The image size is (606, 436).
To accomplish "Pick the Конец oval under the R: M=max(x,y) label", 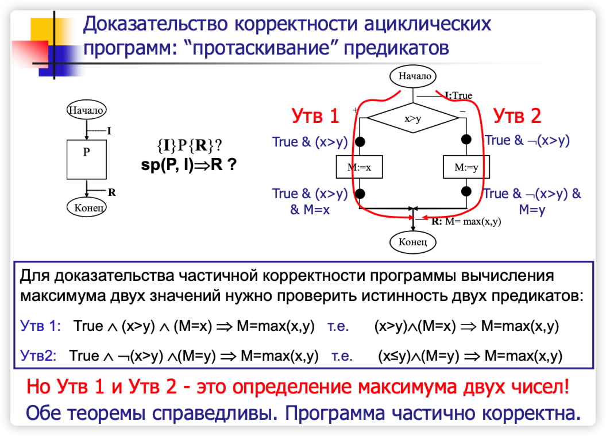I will (412, 241).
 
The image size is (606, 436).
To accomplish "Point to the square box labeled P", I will (86, 159).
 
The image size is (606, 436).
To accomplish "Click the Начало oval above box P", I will (86, 109).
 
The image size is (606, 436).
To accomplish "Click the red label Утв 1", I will (315, 116).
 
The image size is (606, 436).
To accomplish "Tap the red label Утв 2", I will (518, 116).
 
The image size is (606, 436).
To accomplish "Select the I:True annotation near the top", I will (458, 96).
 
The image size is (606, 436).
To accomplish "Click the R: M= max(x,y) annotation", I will (466, 220).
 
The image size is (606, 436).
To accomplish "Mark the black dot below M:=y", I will (466, 191).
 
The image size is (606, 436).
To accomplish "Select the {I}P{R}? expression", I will (190, 145).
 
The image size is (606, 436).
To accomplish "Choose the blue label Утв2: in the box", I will (38, 356).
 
